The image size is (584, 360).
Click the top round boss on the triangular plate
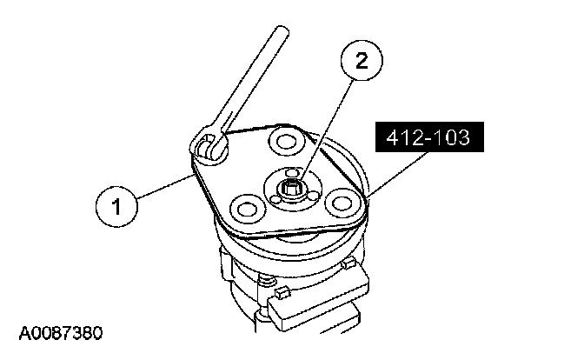coord(284,140)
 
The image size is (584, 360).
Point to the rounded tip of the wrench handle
coord(282,33)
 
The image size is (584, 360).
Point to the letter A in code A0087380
coord(21,332)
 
